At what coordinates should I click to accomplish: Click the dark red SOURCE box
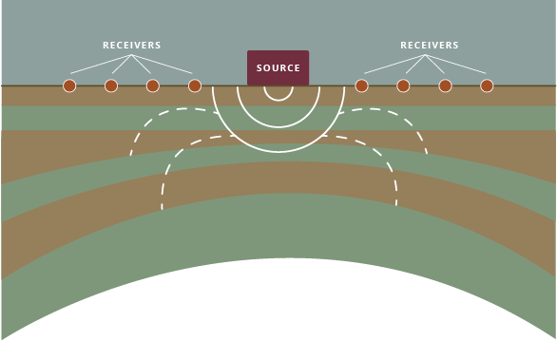tap(278, 67)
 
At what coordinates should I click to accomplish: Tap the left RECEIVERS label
tap(132, 46)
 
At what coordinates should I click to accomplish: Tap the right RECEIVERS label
tap(430, 46)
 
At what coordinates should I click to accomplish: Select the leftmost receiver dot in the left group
tap(69, 85)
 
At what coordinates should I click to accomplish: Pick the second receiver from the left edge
tap(111, 85)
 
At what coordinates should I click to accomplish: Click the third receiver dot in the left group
tap(153, 85)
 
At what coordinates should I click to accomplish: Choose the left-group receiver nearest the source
tap(195, 85)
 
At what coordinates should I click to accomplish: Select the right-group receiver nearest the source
tap(361, 85)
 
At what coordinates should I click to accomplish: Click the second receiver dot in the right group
tap(403, 85)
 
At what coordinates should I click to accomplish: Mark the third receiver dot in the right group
tap(445, 85)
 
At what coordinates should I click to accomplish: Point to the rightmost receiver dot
tap(487, 85)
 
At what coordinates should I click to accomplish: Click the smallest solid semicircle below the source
tap(278, 100)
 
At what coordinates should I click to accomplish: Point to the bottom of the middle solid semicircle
tap(278, 126)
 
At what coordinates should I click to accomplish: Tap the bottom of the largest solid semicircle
tap(278, 152)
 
